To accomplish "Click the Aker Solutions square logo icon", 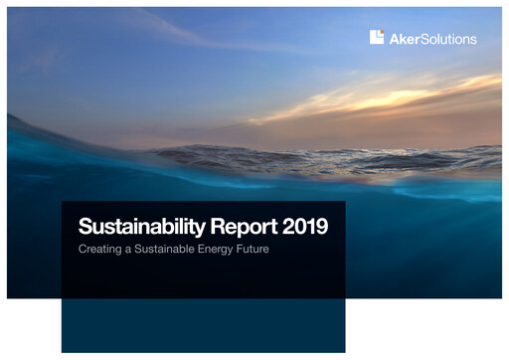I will [377, 38].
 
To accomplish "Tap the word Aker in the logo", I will [404, 39].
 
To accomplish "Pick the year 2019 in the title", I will [303, 226].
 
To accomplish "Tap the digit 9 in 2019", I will [321, 226].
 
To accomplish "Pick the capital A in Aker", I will [392, 39].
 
